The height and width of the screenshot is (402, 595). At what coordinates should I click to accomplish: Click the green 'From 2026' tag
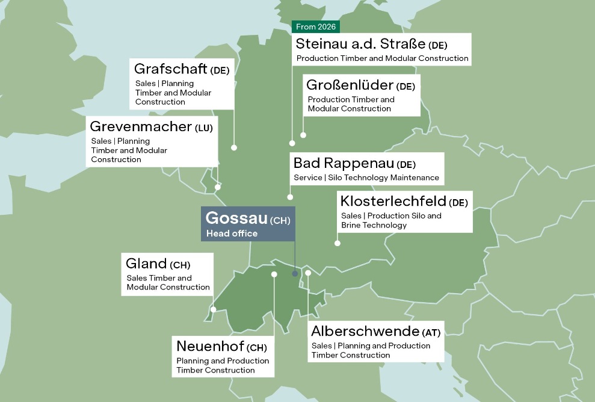[316, 27]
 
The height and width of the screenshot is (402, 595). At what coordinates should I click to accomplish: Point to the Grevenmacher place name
[141, 127]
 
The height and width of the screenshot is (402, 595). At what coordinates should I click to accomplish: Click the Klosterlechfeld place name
[393, 200]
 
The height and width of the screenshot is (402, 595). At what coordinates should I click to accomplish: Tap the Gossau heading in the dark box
[236, 218]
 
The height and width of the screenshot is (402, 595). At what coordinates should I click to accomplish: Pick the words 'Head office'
[232, 233]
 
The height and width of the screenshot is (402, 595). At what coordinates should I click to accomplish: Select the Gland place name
[146, 263]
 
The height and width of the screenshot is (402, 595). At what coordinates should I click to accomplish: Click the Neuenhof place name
[210, 347]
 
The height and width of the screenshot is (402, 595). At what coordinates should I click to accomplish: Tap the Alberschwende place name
[365, 331]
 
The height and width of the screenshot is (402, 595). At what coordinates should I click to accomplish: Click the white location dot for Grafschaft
[234, 147]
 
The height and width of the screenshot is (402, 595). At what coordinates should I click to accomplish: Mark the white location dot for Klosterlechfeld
[338, 243]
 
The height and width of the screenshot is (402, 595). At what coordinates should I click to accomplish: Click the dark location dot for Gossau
[295, 274]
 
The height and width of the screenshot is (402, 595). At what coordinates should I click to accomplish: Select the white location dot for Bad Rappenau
[290, 197]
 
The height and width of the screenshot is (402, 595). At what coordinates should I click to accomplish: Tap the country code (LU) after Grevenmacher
[204, 128]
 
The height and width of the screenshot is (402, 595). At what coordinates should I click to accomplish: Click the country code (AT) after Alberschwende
[431, 332]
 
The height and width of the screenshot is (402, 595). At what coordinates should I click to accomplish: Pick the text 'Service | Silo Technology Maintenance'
[366, 178]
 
